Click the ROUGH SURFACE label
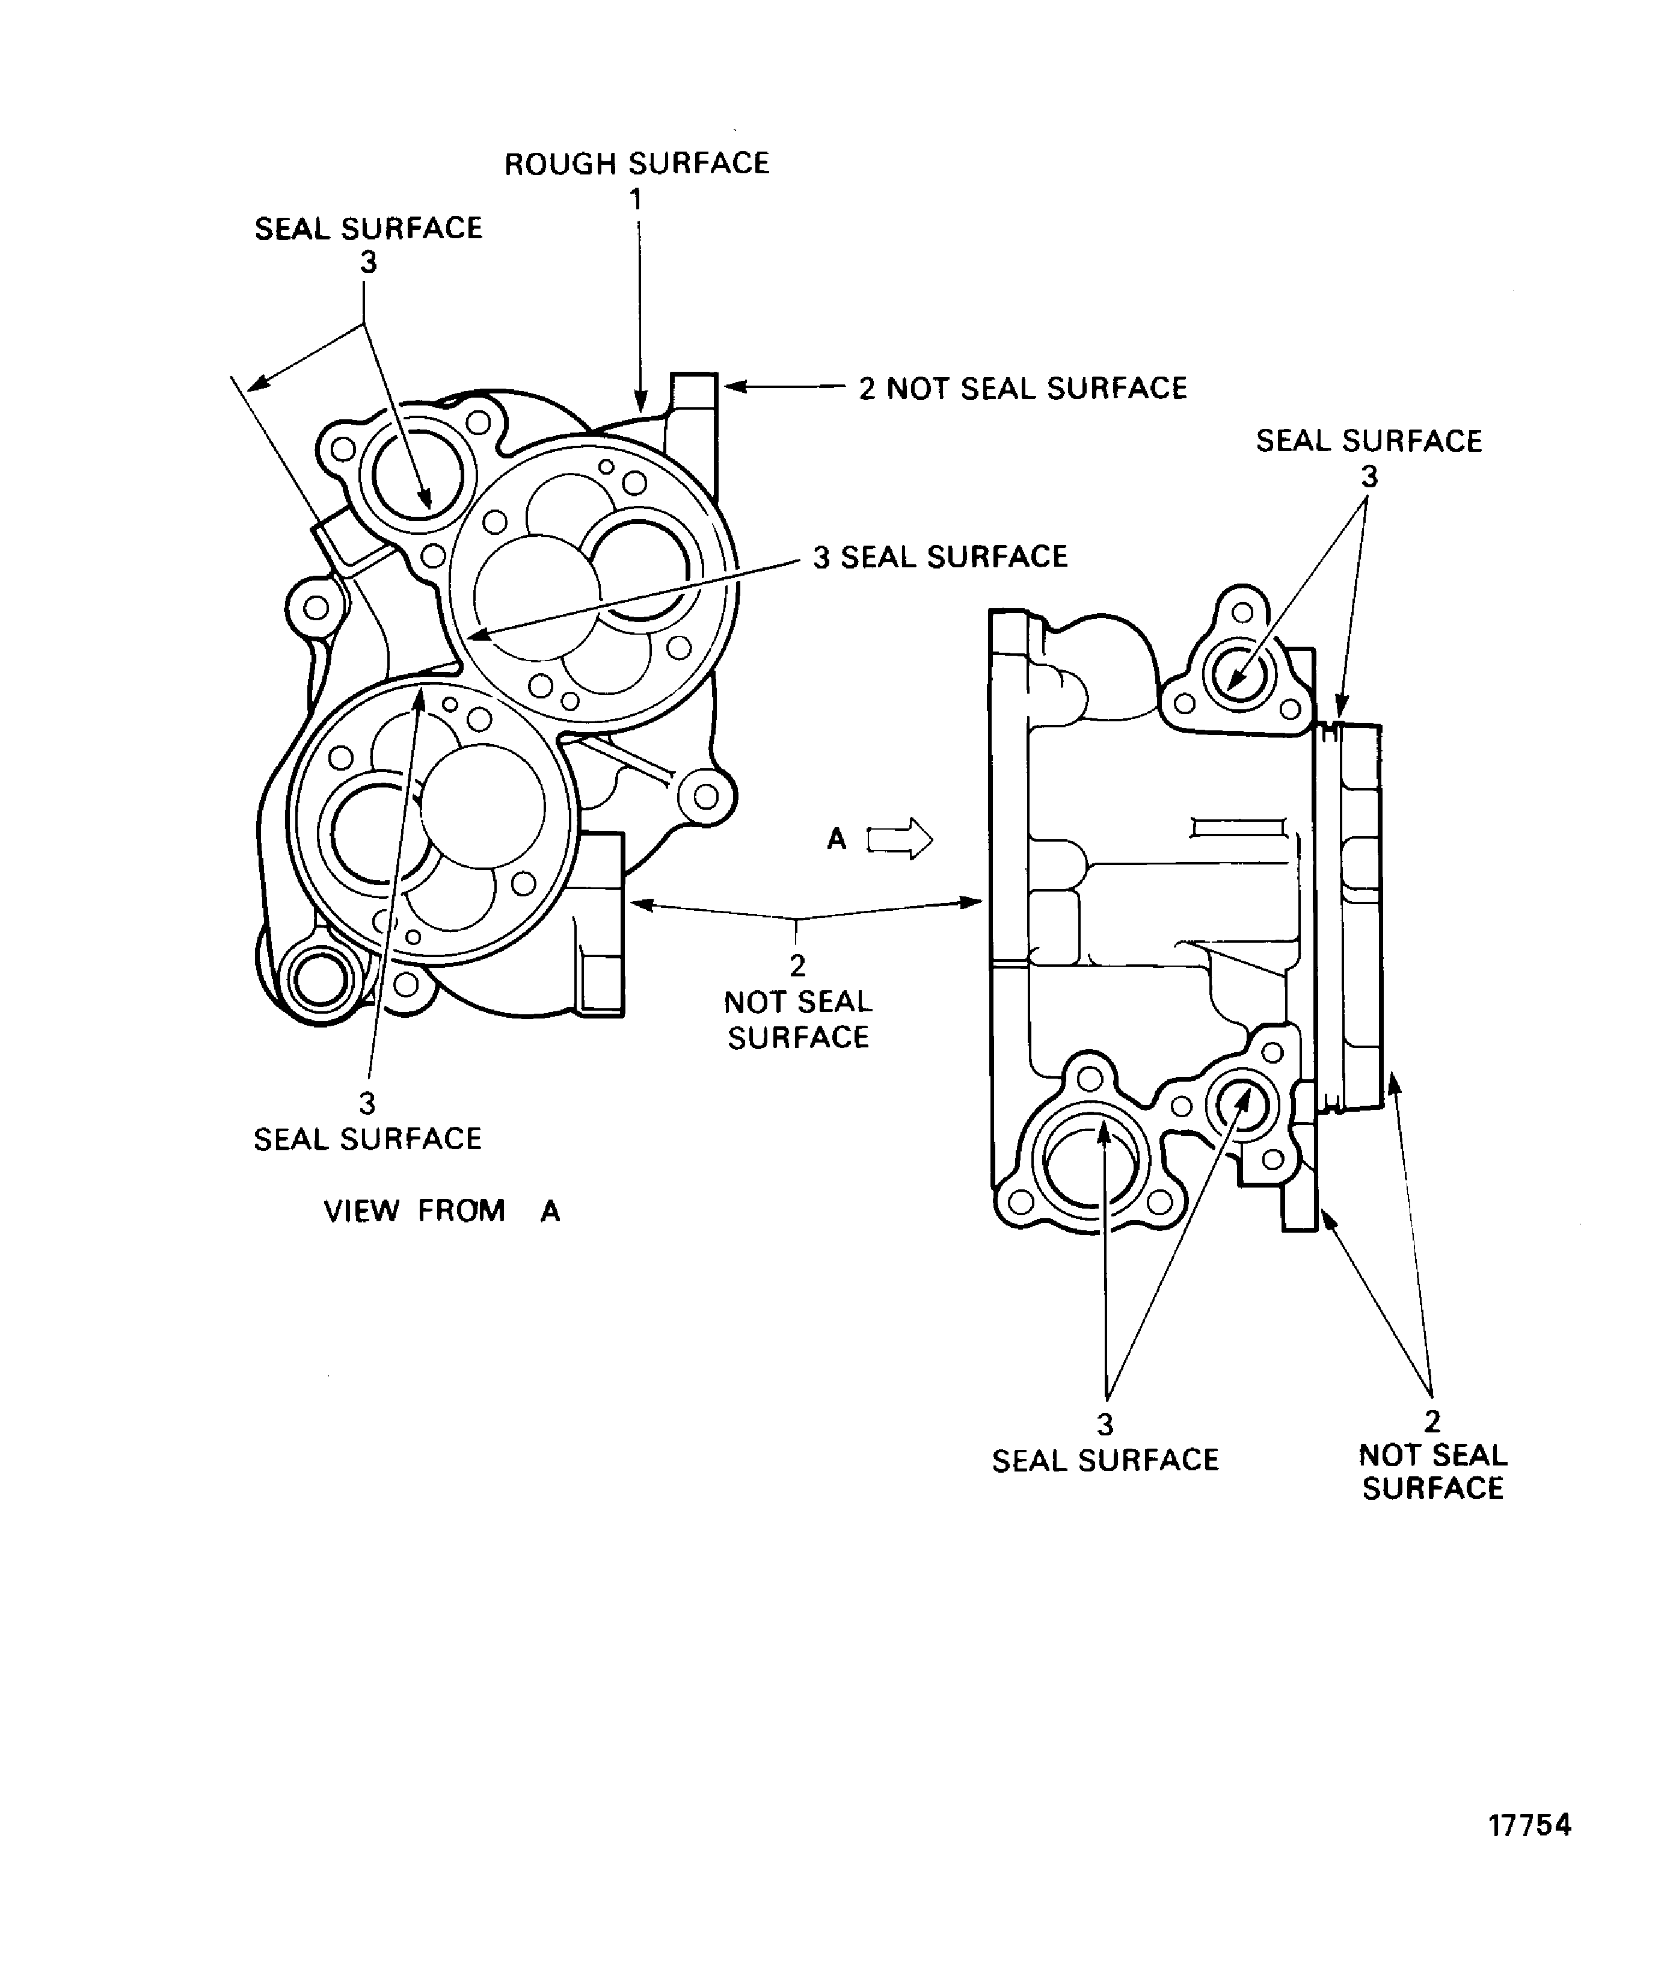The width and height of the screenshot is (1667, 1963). point(636,164)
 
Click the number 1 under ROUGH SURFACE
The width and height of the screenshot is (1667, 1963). point(637,199)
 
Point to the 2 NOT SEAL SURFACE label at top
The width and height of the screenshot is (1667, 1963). point(1022,389)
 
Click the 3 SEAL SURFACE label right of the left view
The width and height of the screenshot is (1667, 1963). point(941,556)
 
